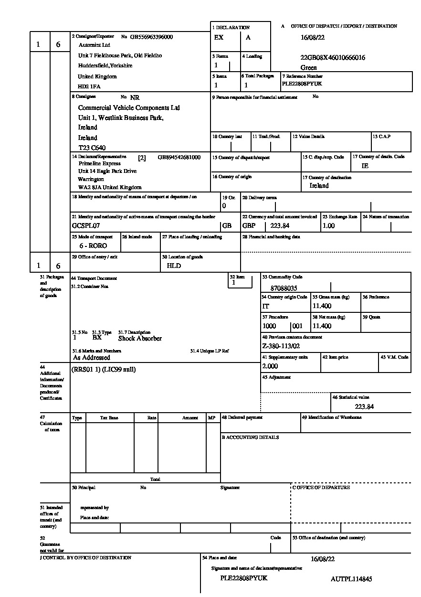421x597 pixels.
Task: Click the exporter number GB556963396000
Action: (x=151, y=37)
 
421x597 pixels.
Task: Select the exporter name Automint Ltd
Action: (x=94, y=45)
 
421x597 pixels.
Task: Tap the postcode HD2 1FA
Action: (x=89, y=86)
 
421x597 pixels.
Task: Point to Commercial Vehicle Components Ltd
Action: (x=129, y=108)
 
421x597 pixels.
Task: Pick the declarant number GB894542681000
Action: (x=179, y=157)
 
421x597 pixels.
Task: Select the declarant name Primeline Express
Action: (x=100, y=163)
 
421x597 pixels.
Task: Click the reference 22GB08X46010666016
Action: (x=333, y=58)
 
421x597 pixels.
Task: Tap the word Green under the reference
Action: (x=309, y=68)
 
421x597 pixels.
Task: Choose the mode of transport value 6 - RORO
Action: (x=93, y=245)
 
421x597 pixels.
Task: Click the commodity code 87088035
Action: (x=284, y=288)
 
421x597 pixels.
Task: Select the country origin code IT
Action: (x=265, y=306)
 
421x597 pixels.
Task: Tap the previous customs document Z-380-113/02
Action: (x=281, y=346)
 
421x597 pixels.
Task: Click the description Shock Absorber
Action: (x=140, y=339)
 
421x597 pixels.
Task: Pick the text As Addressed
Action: (x=91, y=357)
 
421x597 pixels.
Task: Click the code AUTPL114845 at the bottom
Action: (x=351, y=579)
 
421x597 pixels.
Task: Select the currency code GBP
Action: (x=249, y=225)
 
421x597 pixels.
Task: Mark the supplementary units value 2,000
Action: (x=270, y=366)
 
